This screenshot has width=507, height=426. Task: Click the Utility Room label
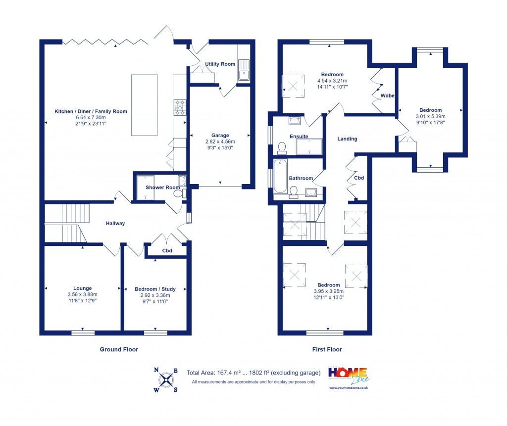[220, 64]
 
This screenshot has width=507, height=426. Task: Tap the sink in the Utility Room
[244, 70]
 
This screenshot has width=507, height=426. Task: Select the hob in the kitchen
[179, 107]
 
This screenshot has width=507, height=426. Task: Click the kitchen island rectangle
[144, 104]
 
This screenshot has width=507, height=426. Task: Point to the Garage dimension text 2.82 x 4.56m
[220, 142]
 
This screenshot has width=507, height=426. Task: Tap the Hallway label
[115, 223]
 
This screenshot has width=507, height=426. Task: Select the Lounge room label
[83, 288]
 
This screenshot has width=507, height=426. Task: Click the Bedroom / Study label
[155, 289]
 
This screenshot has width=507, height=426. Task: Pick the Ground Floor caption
[119, 349]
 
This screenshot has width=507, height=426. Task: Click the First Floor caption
[327, 349]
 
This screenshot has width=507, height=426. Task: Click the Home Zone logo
[349, 376]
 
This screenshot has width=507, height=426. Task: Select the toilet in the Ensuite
[282, 147]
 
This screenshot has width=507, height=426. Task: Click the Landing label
[347, 139]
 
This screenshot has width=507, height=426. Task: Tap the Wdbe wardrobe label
[387, 95]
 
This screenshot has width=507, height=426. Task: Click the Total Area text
[253, 373]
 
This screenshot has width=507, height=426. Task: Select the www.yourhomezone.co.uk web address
[349, 388]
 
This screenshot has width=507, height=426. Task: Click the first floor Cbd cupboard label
[359, 178]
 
